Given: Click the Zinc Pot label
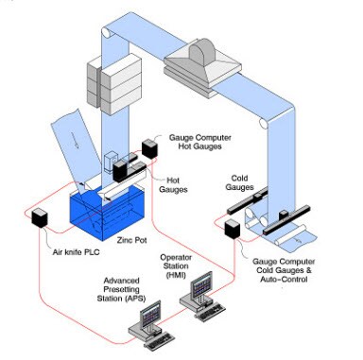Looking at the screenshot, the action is tap(131, 240).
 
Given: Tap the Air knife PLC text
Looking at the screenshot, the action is tap(77, 252).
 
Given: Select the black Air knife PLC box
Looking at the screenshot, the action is tap(40, 217).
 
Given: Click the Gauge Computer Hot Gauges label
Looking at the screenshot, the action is tap(200, 142).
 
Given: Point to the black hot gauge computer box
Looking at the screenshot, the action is tap(149, 148).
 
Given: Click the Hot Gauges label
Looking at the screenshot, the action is tap(173, 185).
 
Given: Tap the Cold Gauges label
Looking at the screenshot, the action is tap(239, 182).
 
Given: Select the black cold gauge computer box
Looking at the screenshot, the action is tap(233, 229).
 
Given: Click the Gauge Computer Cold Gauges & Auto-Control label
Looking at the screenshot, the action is tap(284, 270).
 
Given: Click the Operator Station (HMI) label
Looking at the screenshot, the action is tap(176, 266).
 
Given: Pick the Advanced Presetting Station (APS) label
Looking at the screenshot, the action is tap(121, 289).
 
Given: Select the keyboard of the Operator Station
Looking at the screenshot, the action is tap(210, 312).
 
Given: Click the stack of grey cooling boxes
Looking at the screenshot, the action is tap(114, 84).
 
